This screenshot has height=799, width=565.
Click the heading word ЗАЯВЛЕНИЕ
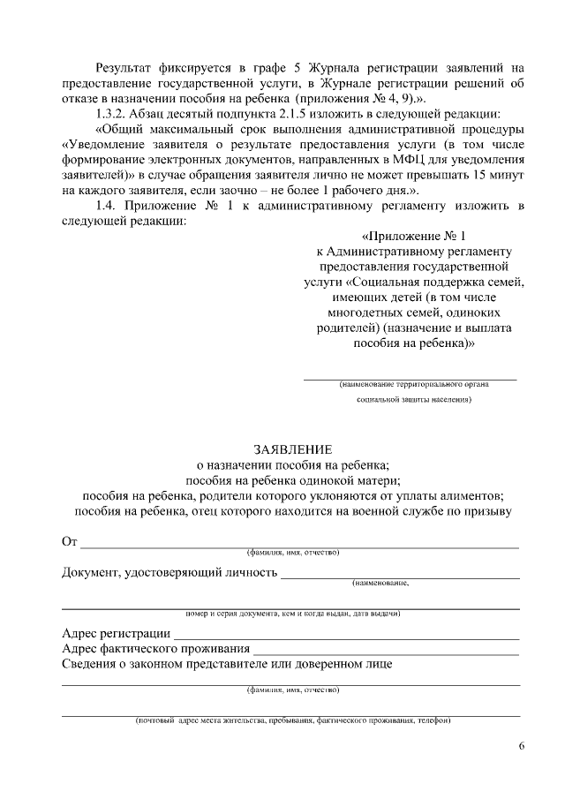click(x=292, y=449)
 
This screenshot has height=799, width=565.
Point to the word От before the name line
click(x=70, y=540)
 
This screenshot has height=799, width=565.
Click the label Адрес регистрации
click(x=116, y=633)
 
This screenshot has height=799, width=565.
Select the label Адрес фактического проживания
click(x=155, y=649)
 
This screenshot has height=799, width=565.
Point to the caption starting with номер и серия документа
click(x=292, y=613)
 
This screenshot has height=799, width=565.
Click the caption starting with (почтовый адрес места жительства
click(x=292, y=720)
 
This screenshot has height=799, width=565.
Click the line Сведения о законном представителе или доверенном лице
click(x=227, y=664)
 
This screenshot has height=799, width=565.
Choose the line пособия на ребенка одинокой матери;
click(x=292, y=480)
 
